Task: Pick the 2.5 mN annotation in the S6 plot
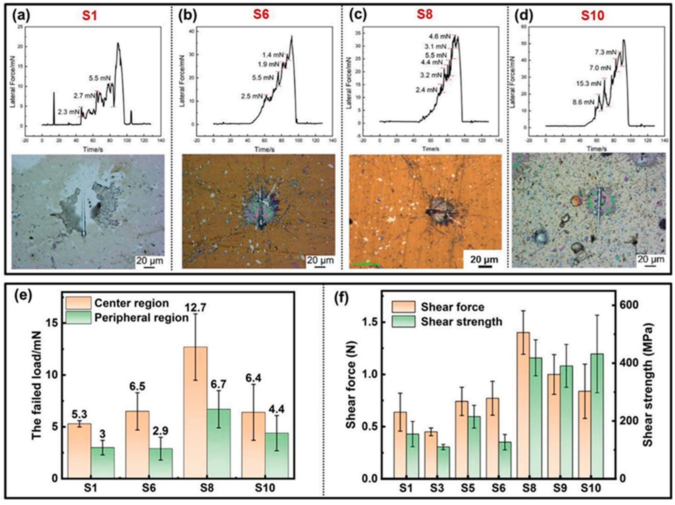(252, 96)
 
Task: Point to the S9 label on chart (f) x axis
(559, 488)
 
